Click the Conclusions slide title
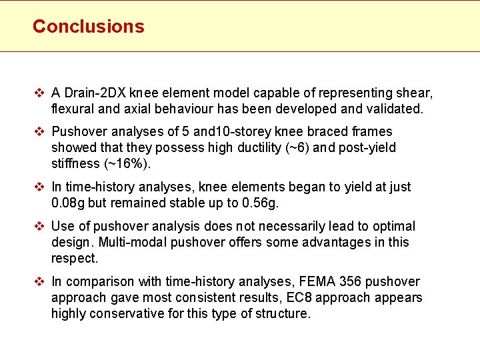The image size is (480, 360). pos(88,27)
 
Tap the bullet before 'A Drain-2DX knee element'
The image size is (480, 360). pos(40,93)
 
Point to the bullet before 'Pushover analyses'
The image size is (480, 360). pos(40,131)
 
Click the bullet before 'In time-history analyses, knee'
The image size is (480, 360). pos(40,187)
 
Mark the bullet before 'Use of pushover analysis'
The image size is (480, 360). pos(40,226)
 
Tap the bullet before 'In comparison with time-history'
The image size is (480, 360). pos(40,281)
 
